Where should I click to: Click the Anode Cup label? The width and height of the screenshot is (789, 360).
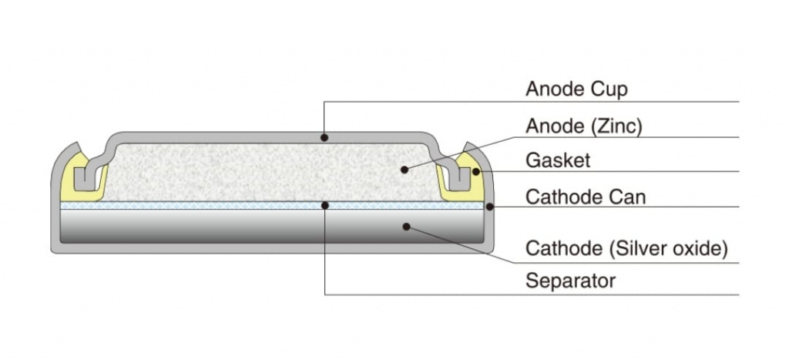click(576, 89)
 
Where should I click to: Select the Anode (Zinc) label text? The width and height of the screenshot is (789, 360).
click(583, 126)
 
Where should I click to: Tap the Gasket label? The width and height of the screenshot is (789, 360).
click(558, 160)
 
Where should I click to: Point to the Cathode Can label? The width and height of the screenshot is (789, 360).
click(586, 197)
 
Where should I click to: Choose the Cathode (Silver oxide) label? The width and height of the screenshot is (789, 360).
click(626, 248)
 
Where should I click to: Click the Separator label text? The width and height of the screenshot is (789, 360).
click(570, 281)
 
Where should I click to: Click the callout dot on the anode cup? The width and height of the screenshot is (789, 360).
click(325, 138)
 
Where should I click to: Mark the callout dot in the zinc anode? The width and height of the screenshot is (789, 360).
click(403, 167)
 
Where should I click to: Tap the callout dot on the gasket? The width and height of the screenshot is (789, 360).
click(476, 171)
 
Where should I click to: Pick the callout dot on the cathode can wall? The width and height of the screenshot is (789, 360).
click(491, 206)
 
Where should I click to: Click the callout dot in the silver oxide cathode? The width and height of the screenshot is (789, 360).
click(405, 227)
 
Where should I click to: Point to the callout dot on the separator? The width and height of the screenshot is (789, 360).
click(325, 206)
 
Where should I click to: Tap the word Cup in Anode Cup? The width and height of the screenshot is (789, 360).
click(611, 89)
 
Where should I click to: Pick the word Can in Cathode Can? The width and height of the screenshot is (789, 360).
click(627, 197)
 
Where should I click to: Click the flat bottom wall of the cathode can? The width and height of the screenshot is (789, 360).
click(270, 248)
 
